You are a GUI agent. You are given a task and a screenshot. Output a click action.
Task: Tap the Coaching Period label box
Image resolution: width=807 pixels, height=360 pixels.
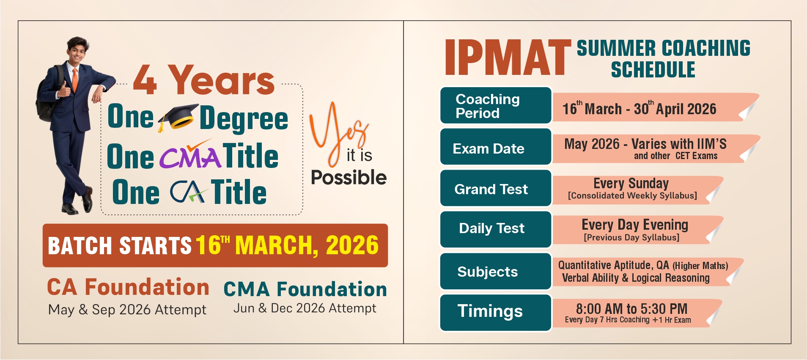coord(496,105)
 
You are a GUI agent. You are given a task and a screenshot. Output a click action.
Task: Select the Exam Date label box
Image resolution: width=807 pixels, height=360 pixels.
coord(496,147)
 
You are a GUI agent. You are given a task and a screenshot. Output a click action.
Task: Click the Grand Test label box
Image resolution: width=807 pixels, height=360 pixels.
coord(496,188)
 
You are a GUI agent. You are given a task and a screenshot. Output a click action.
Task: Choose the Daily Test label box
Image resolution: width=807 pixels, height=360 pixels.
coord(496,229)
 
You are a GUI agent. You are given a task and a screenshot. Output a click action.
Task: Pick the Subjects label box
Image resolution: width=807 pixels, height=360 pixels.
coord(496,271)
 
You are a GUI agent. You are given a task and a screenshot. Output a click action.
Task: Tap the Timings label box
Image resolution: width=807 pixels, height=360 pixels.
coord(496,313)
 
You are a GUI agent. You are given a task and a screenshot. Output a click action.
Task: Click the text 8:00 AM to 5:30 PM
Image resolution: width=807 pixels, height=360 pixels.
coord(631,308)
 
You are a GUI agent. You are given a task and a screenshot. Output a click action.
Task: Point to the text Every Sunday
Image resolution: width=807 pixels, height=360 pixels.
coord(631,183)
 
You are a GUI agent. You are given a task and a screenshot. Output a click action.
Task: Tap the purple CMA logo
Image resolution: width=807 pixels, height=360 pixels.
coord(190,155)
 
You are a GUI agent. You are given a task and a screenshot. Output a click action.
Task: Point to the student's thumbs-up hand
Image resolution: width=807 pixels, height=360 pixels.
coord(64,90)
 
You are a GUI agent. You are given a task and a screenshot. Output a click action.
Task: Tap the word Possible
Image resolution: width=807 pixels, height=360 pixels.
coord(349,177)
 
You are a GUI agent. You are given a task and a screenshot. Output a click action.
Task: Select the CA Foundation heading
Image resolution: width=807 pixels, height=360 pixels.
coord(128,287)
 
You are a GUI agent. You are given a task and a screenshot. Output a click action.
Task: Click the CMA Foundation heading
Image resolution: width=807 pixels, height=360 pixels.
coord(305,289)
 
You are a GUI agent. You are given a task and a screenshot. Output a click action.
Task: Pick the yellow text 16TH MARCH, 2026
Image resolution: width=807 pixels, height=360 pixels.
coord(287,245)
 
